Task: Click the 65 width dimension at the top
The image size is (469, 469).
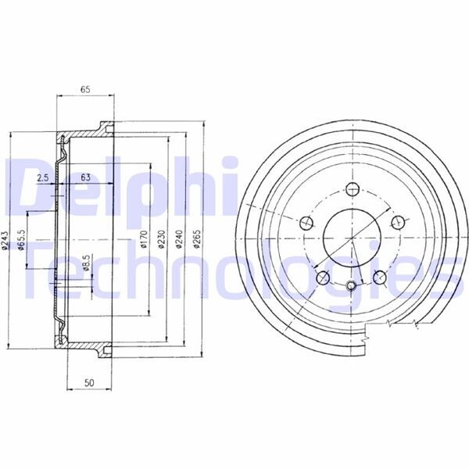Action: click(x=85, y=89)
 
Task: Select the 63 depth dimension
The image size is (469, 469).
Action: click(x=85, y=177)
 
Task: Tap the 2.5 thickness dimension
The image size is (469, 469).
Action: click(x=43, y=177)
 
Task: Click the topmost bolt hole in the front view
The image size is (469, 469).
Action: click(x=351, y=189)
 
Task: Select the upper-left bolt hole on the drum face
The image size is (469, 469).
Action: click(x=306, y=221)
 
